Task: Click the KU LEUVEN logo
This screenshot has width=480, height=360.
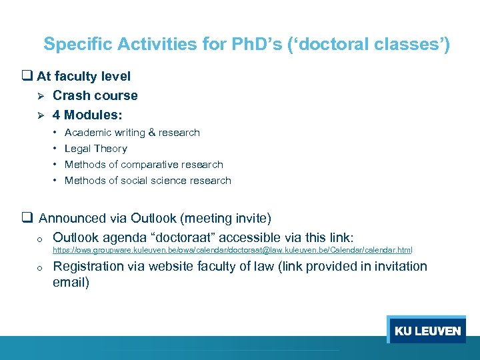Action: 427,331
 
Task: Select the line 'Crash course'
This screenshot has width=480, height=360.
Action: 95,95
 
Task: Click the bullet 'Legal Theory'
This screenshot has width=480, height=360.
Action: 95,149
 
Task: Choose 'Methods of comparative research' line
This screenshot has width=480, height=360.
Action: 143,165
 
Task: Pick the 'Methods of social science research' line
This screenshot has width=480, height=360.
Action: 147,181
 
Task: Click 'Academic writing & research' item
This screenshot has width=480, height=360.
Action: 132,133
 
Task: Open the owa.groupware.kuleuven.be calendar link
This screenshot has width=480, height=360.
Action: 232,250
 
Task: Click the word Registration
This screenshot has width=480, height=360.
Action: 89,266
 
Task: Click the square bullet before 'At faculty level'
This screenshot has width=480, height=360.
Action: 28,77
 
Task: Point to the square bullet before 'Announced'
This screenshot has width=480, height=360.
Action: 28,218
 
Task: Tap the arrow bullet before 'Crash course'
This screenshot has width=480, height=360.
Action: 41,96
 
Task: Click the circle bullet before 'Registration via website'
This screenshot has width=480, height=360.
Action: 40,267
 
